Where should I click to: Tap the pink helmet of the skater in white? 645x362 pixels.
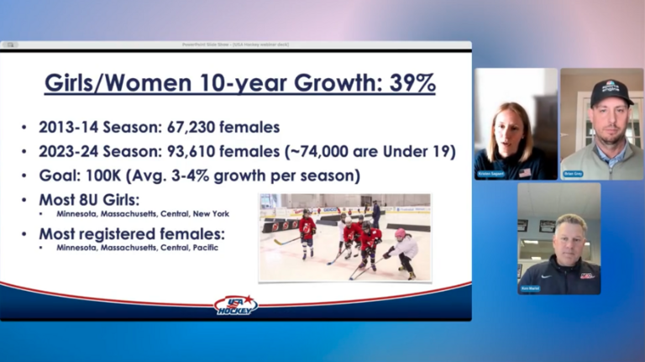pos(400,233)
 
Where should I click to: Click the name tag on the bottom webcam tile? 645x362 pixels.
pos(530,288)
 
